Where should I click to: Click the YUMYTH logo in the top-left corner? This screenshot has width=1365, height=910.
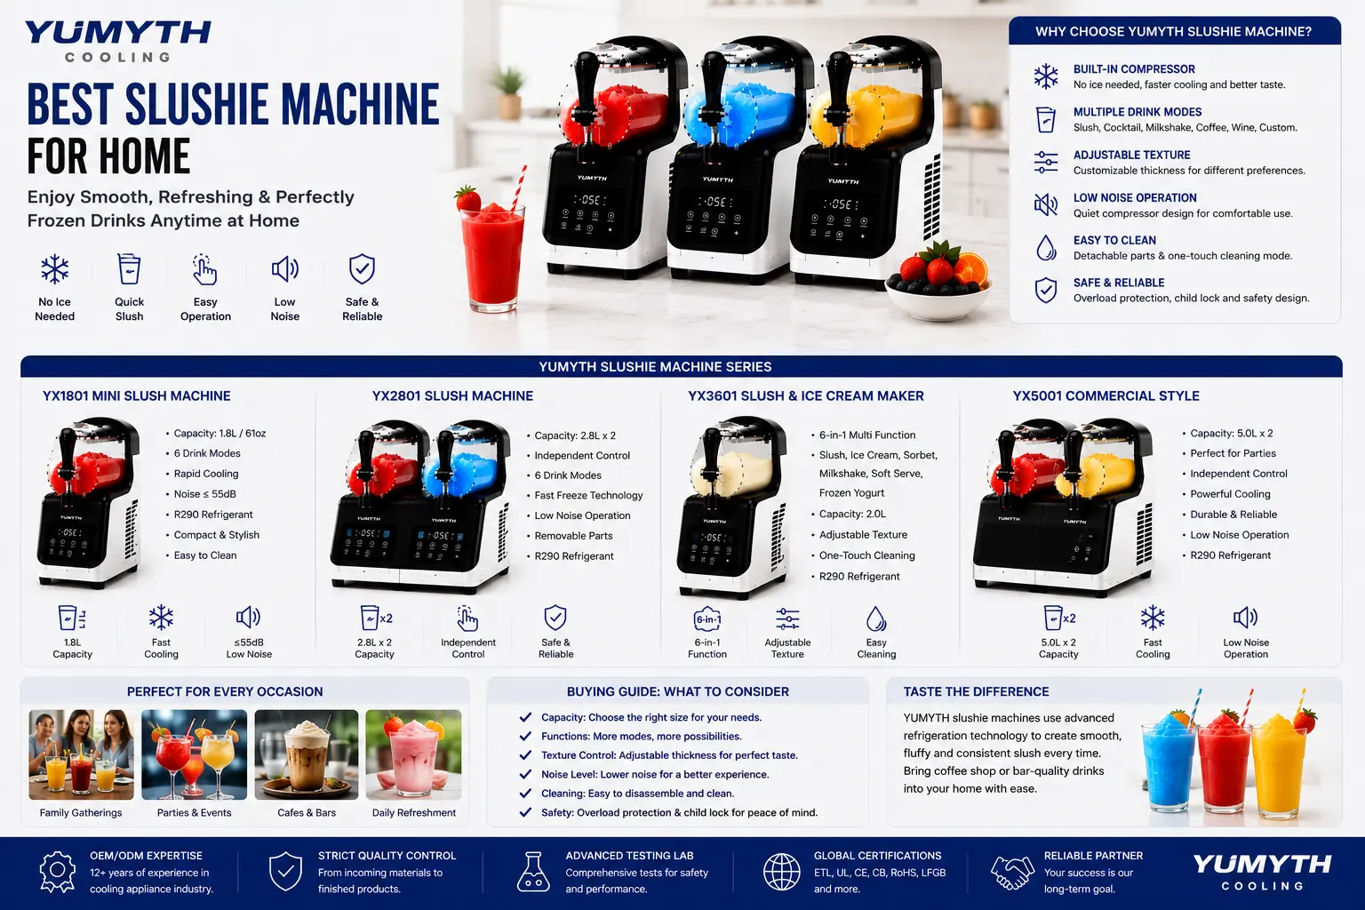click(x=117, y=40)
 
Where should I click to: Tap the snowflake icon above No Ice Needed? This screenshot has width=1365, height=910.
click(x=55, y=268)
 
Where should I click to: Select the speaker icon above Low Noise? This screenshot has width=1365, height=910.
click(x=284, y=268)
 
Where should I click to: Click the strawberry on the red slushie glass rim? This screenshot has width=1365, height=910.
click(x=468, y=198)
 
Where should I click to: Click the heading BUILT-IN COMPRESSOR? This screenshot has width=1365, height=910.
click(x=1133, y=69)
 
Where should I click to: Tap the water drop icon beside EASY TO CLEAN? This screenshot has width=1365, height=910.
click(x=1046, y=248)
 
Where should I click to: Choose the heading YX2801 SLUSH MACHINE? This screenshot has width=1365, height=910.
click(x=452, y=396)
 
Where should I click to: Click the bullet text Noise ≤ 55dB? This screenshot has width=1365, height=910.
click(x=204, y=494)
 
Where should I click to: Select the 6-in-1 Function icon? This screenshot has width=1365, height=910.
click(x=706, y=619)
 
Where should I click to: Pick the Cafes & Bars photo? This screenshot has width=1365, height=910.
click(x=306, y=754)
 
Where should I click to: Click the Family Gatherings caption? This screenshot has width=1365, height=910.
click(x=81, y=812)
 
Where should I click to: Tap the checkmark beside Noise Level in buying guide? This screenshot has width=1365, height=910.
click(x=524, y=774)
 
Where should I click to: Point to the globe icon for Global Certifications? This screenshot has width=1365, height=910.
click(x=781, y=872)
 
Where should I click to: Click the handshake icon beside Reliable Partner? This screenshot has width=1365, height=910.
click(x=1012, y=872)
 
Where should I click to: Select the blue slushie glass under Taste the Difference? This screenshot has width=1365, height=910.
click(x=1168, y=762)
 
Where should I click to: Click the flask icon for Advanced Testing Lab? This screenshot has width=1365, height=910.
click(x=533, y=872)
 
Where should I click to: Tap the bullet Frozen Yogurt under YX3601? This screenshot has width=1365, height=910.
click(x=851, y=493)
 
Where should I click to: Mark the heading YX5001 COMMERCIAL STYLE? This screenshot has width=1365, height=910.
click(x=1106, y=396)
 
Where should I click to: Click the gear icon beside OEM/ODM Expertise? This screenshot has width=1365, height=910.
click(x=58, y=872)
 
